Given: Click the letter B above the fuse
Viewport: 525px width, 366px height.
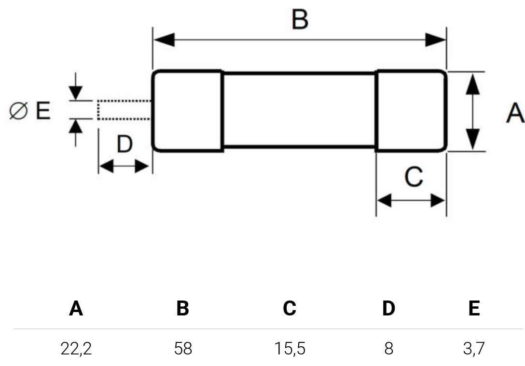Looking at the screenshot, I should tap(300, 20).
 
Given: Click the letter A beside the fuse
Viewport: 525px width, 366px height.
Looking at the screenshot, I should tap(515, 113).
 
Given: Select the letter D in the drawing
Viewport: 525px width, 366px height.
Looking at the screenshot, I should tap(124, 144).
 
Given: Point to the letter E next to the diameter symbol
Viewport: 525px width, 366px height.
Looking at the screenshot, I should tap(43, 111).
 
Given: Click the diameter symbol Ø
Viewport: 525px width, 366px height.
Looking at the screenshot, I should tap(19, 111).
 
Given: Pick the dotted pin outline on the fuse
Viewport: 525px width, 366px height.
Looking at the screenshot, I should tap(124, 110).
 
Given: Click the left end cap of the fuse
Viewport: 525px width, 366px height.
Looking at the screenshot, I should tap(187, 111).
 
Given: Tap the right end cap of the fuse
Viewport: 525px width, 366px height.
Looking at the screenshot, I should tap(411, 111).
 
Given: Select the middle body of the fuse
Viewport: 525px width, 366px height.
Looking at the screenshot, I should tap(299, 110).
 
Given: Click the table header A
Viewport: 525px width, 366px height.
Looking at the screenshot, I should tap(76, 308).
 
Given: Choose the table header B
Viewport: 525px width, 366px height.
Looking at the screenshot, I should tap(182, 308).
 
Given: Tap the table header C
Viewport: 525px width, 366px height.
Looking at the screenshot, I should tap(290, 308).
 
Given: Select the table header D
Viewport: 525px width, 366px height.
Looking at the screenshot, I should tap(388, 308).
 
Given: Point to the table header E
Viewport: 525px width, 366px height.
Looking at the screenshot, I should tap(474, 308).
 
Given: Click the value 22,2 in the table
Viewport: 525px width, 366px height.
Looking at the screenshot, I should tap(76, 348).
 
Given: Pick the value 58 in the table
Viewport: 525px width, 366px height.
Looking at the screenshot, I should tap(183, 348).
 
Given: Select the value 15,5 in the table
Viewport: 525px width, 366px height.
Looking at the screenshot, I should tap(290, 348).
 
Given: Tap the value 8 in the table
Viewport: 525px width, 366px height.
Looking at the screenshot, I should tap(389, 348).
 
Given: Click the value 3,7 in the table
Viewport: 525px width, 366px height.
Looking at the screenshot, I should tap(474, 348).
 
